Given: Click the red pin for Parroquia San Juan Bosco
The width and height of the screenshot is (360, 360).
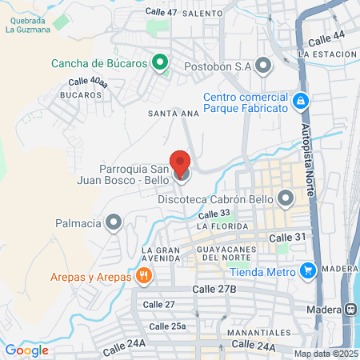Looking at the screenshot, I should (181, 163).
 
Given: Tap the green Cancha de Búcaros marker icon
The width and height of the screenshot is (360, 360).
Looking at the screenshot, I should (160, 62).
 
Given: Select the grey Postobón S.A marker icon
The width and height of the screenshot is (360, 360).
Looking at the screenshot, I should (265, 66).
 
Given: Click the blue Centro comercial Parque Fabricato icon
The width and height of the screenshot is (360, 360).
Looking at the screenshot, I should (301, 100).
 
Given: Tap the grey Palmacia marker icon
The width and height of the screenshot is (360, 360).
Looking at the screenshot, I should (115, 221).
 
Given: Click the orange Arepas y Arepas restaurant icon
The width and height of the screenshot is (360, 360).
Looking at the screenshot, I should (144, 277).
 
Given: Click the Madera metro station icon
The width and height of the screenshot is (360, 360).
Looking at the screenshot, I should (351, 309).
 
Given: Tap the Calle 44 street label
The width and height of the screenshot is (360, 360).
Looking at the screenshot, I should (326, 38).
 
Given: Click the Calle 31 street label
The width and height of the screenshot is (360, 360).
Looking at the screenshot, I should (287, 238).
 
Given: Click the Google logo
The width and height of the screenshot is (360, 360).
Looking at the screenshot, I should (27, 350).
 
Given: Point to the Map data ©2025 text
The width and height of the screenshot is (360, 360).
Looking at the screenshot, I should (326, 354).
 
